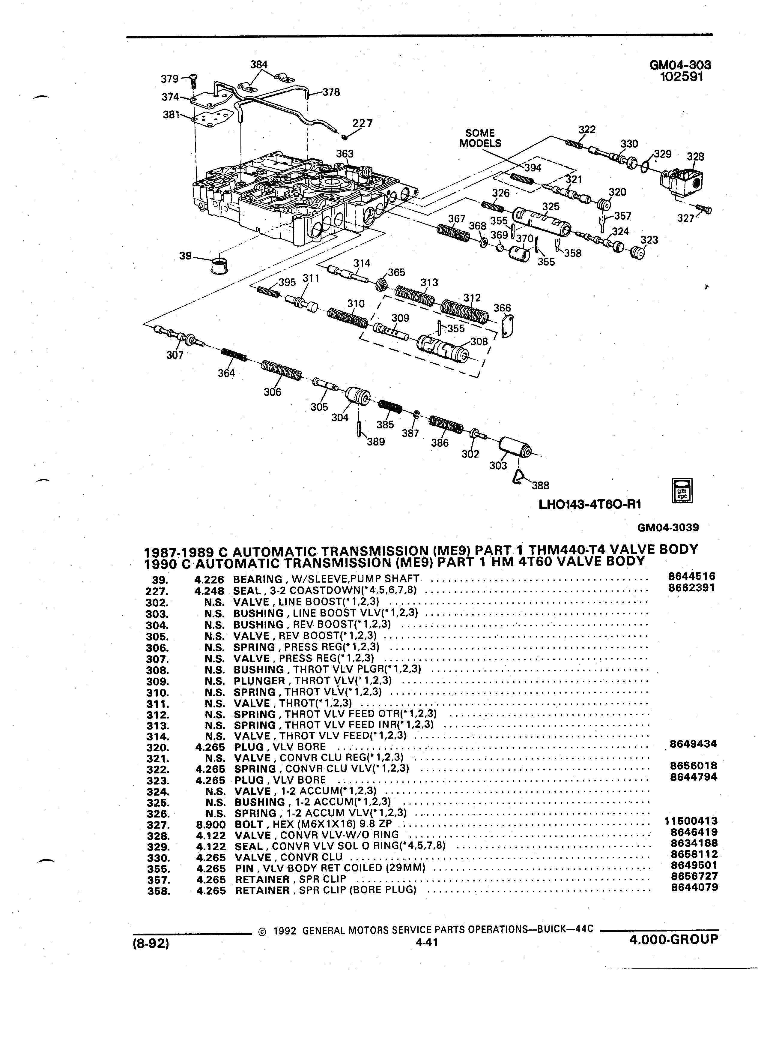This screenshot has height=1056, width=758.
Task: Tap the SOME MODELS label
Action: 480,138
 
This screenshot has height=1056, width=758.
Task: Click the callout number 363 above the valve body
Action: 345,154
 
